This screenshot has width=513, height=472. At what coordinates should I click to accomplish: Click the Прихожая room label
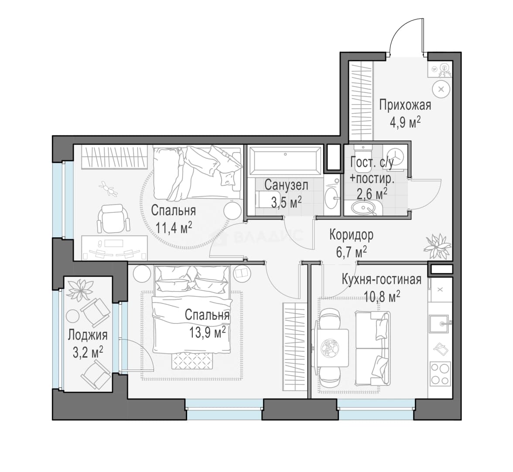pos(405,105)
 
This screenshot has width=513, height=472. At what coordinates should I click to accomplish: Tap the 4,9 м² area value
pos(405,122)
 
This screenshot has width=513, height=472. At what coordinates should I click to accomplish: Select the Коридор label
pos(352,235)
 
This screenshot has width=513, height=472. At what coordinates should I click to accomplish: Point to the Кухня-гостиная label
pos(381,280)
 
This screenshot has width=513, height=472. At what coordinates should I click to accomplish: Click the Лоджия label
pos(88,335)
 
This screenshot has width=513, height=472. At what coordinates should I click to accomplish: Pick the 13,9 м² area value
pos(208,332)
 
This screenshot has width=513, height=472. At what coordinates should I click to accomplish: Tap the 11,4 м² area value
pos(173,227)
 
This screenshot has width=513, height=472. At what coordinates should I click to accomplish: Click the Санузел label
pos(286,185)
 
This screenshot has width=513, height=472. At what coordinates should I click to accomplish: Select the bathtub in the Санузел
pos(285,160)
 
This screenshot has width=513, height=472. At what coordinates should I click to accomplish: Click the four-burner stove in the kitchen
pos(441,373)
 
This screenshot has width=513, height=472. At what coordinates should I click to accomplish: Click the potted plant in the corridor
pos(438,246)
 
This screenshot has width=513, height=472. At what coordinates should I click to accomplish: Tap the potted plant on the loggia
pos(80,289)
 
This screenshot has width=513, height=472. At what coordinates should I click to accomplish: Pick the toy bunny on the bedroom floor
pos(108,189)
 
